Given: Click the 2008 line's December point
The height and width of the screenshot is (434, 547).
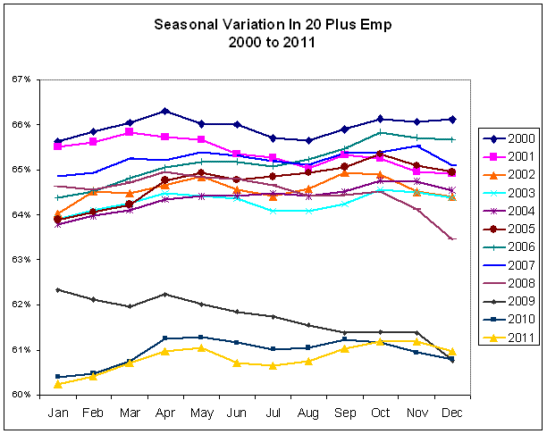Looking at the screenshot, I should pyautogui.click(x=452, y=239).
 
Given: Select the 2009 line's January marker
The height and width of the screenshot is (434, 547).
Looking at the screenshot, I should pyautogui.click(x=58, y=289).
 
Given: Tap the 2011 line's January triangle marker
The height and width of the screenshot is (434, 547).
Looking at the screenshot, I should pyautogui.click(x=58, y=384).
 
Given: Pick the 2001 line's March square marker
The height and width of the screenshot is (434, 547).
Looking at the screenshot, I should pyautogui.click(x=130, y=131).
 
